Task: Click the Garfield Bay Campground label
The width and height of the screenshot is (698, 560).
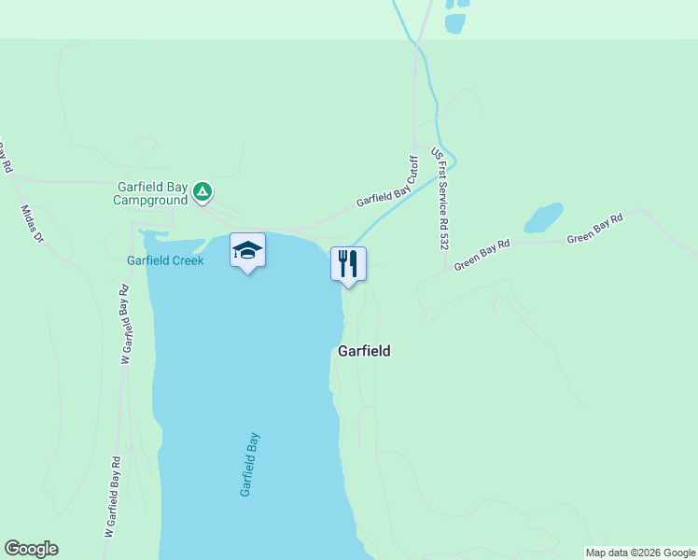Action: pyautogui.click(x=151, y=192)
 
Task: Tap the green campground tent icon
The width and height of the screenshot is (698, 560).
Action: pyautogui.click(x=202, y=193)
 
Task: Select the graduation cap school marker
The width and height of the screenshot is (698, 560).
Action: pyautogui.click(x=247, y=251)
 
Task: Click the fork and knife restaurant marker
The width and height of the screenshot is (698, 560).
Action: pyautogui.click(x=348, y=265)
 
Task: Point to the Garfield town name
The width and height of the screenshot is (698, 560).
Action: pyautogui.click(x=364, y=352)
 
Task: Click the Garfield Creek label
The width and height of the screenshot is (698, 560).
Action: pyautogui.click(x=165, y=260)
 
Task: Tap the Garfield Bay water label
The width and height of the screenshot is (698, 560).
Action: pyautogui.click(x=250, y=464)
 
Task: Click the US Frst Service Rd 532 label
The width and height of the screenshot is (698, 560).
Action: pyautogui.click(x=440, y=197)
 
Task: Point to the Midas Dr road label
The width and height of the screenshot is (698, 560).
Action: pyautogui.click(x=33, y=223)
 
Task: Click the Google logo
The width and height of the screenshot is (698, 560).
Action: pyautogui.click(x=31, y=549)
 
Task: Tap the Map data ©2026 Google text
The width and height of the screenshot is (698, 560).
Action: pyautogui.click(x=640, y=553)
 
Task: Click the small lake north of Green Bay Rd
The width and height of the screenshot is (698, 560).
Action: pyautogui.click(x=543, y=217)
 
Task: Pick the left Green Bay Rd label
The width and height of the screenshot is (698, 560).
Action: pyautogui.click(x=482, y=255)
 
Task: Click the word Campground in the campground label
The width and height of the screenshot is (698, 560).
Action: pyautogui.click(x=151, y=200)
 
